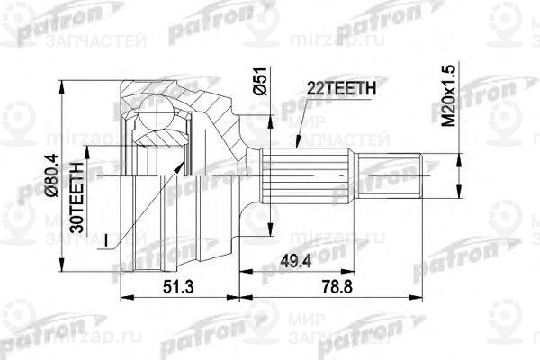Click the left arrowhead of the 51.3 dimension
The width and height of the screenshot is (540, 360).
pos(122,294)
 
